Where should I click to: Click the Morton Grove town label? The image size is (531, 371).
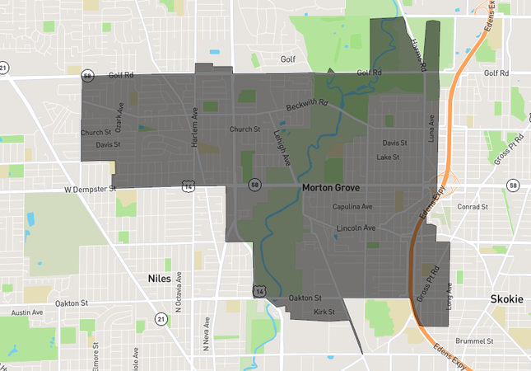point(334,188)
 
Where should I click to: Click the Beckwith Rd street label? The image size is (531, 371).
point(307,107)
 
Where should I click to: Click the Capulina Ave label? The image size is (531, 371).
point(352,207)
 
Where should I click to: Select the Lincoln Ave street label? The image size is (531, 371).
point(356,228)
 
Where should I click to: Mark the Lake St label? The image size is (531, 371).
point(388,157)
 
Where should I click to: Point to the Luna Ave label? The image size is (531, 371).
point(431,131)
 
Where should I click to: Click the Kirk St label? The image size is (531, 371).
point(325,312)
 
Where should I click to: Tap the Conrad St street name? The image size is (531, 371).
point(473,207)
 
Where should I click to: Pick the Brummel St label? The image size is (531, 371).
point(476,340)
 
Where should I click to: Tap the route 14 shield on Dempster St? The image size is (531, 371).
point(190,186)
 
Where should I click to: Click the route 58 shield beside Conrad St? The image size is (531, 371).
point(513,185)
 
